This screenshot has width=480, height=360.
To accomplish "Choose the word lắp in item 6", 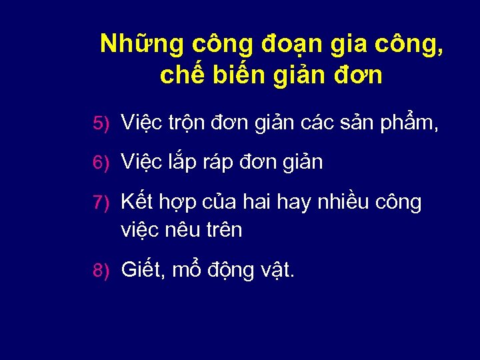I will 185,163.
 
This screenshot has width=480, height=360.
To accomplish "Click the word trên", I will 225,230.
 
